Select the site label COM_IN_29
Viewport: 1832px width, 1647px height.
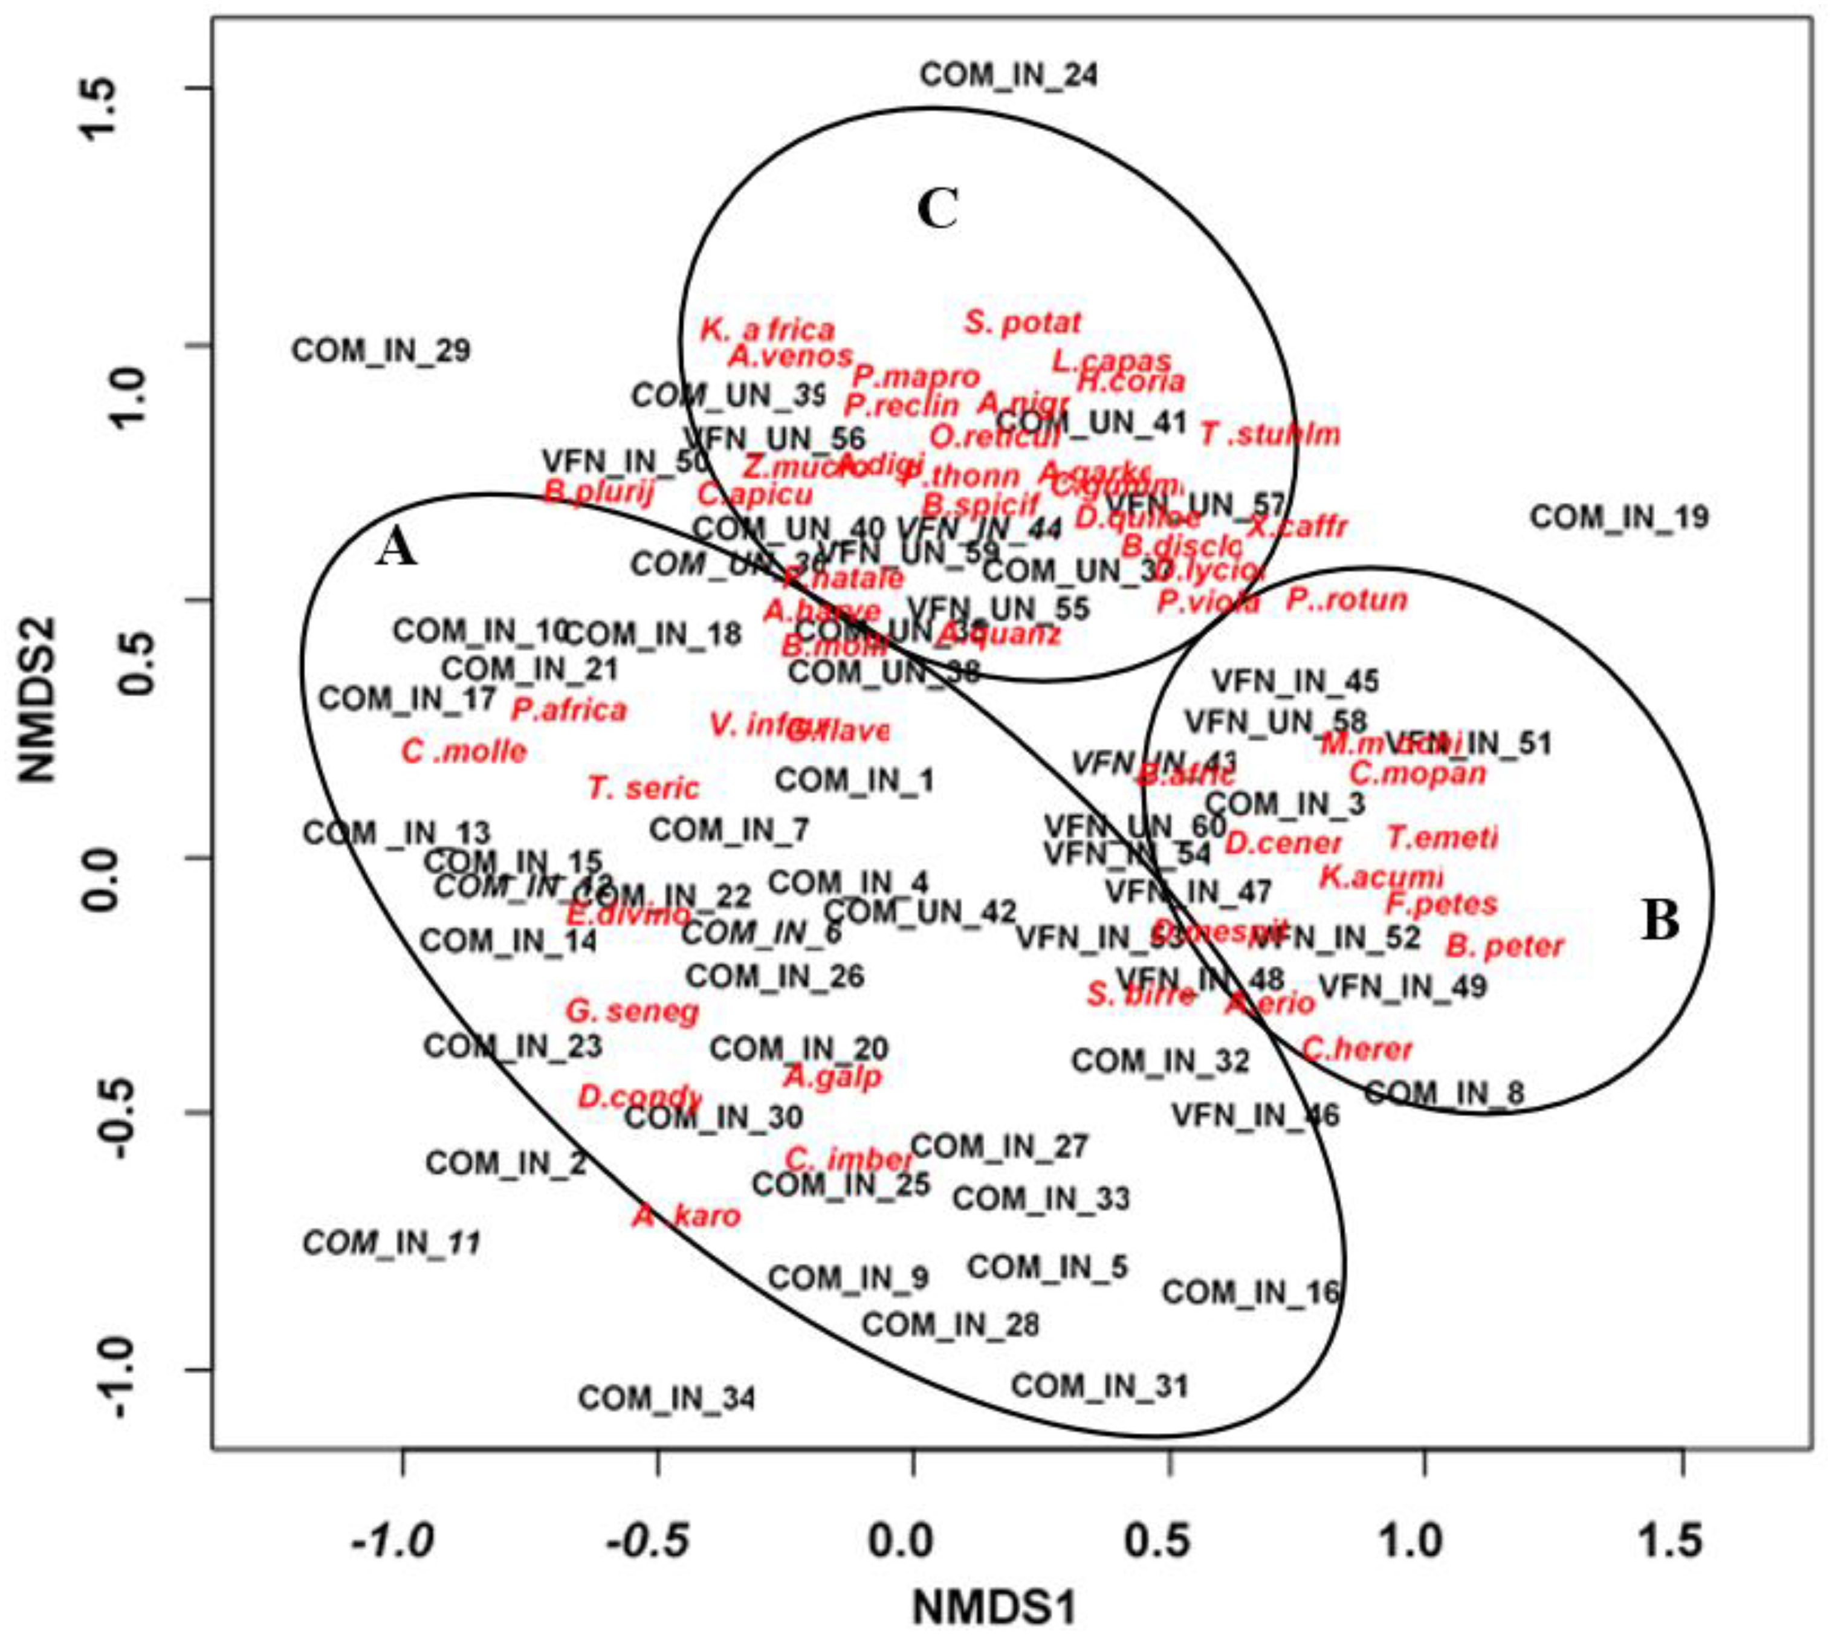click(x=381, y=350)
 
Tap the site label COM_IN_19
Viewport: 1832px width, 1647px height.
click(x=1619, y=517)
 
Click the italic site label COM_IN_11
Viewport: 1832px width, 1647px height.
click(x=391, y=1243)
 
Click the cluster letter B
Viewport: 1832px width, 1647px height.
click(x=1659, y=921)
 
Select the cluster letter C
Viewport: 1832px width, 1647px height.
click(x=937, y=210)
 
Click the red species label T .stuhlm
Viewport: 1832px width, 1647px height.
click(x=1269, y=435)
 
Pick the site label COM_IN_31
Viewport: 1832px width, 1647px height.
click(x=1099, y=1385)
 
